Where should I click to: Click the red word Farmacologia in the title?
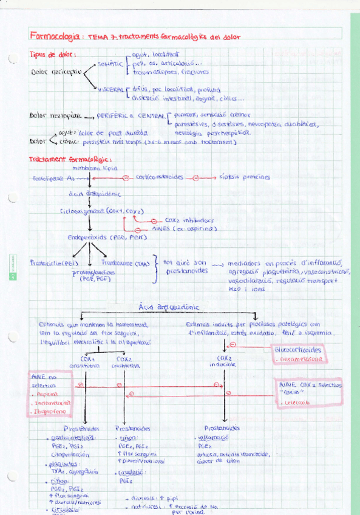click(x=55, y=36)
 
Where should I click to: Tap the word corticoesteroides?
click(x=160, y=177)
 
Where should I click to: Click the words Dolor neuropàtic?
click(x=55, y=115)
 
